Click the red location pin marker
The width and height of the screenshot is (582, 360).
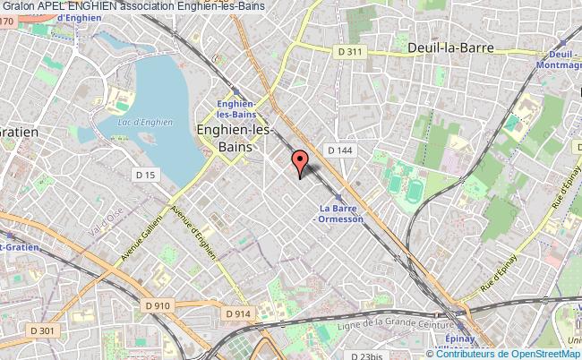tap(300, 162)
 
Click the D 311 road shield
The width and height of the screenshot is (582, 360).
tap(350, 53)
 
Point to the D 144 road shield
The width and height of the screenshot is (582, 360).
tap(338, 150)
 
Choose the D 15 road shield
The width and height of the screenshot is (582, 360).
tap(144, 173)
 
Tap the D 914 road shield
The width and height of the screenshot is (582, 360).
tap(237, 313)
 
